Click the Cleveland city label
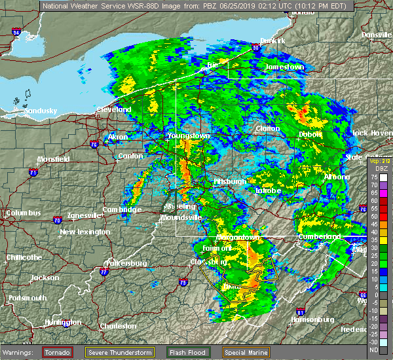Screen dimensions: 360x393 [x=113, y=110]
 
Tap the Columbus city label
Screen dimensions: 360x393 [x=23, y=213]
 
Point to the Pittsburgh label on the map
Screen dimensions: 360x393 [x=230, y=182]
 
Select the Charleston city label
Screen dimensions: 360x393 [x=118, y=326]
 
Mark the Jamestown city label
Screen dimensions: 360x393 [x=285, y=67]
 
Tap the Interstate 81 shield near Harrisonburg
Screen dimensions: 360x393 [x=300, y=312]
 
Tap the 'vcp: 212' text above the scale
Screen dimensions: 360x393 [x=379, y=161]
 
